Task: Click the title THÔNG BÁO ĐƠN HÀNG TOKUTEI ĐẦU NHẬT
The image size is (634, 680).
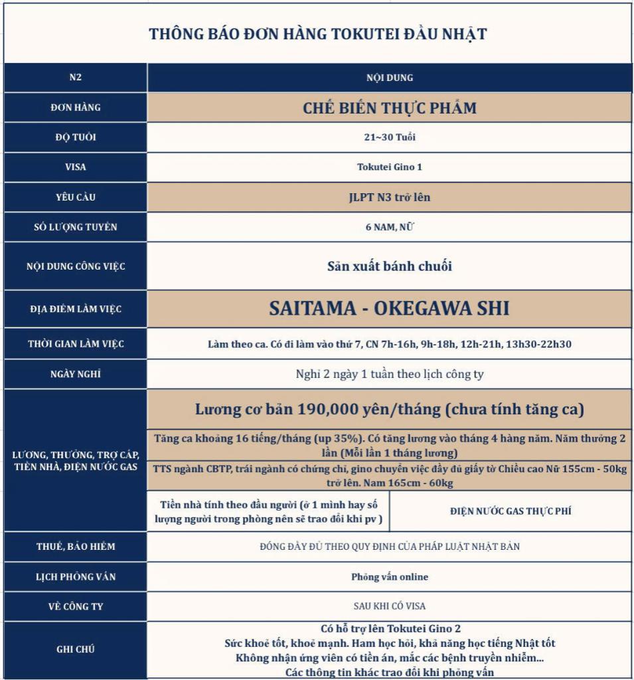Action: [317, 34]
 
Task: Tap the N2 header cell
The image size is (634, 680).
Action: [75, 78]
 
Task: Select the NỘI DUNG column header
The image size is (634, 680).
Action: [389, 78]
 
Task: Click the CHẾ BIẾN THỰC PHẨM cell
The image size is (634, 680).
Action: [389, 108]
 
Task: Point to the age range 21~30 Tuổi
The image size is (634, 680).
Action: [389, 137]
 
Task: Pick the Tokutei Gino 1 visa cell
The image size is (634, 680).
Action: [389, 167]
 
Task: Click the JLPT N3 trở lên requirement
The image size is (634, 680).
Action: [389, 197]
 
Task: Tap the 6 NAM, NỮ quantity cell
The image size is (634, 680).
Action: [389, 227]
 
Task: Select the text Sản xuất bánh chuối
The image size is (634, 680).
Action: [389, 266]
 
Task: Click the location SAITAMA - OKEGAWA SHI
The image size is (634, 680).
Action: [389, 309]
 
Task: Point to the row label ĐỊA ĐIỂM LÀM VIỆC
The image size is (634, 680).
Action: [75, 309]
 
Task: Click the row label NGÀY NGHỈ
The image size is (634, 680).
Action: [75, 374]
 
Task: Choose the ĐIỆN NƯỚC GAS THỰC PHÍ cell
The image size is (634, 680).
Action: [510, 511]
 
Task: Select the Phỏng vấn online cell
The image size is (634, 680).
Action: [389, 577]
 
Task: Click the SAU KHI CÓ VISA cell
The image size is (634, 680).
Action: [389, 606]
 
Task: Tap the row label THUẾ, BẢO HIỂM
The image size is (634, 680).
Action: [75, 547]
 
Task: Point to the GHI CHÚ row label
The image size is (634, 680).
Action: [75, 649]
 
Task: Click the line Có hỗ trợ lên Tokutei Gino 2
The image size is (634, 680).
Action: [389, 629]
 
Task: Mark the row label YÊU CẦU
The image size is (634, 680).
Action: [75, 197]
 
